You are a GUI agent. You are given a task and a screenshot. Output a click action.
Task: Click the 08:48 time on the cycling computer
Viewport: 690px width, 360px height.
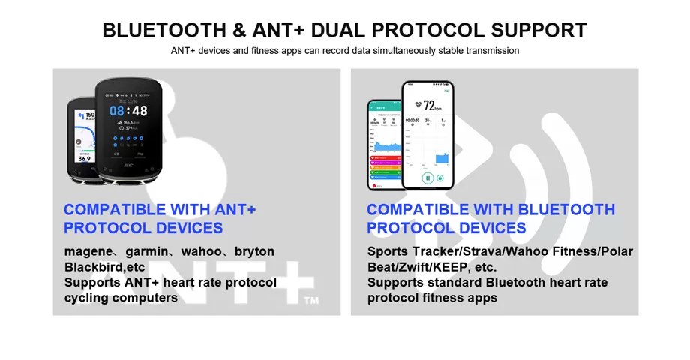click(128, 111)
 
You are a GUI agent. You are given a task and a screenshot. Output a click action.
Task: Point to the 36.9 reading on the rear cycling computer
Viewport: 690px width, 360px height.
click(85, 159)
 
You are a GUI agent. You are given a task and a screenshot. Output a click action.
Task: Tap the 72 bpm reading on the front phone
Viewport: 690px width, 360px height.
click(433, 105)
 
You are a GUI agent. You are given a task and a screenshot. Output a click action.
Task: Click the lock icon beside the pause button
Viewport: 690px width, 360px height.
click(440, 178)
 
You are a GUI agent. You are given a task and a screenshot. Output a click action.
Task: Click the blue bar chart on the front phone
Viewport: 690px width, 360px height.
click(441, 158)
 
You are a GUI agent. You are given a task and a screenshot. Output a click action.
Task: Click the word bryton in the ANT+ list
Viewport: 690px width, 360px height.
click(254, 251)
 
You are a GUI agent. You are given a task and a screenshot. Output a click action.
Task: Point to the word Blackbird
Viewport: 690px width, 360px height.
click(93, 267)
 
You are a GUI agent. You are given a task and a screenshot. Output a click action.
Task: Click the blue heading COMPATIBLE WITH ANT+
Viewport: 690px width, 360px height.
click(159, 210)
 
